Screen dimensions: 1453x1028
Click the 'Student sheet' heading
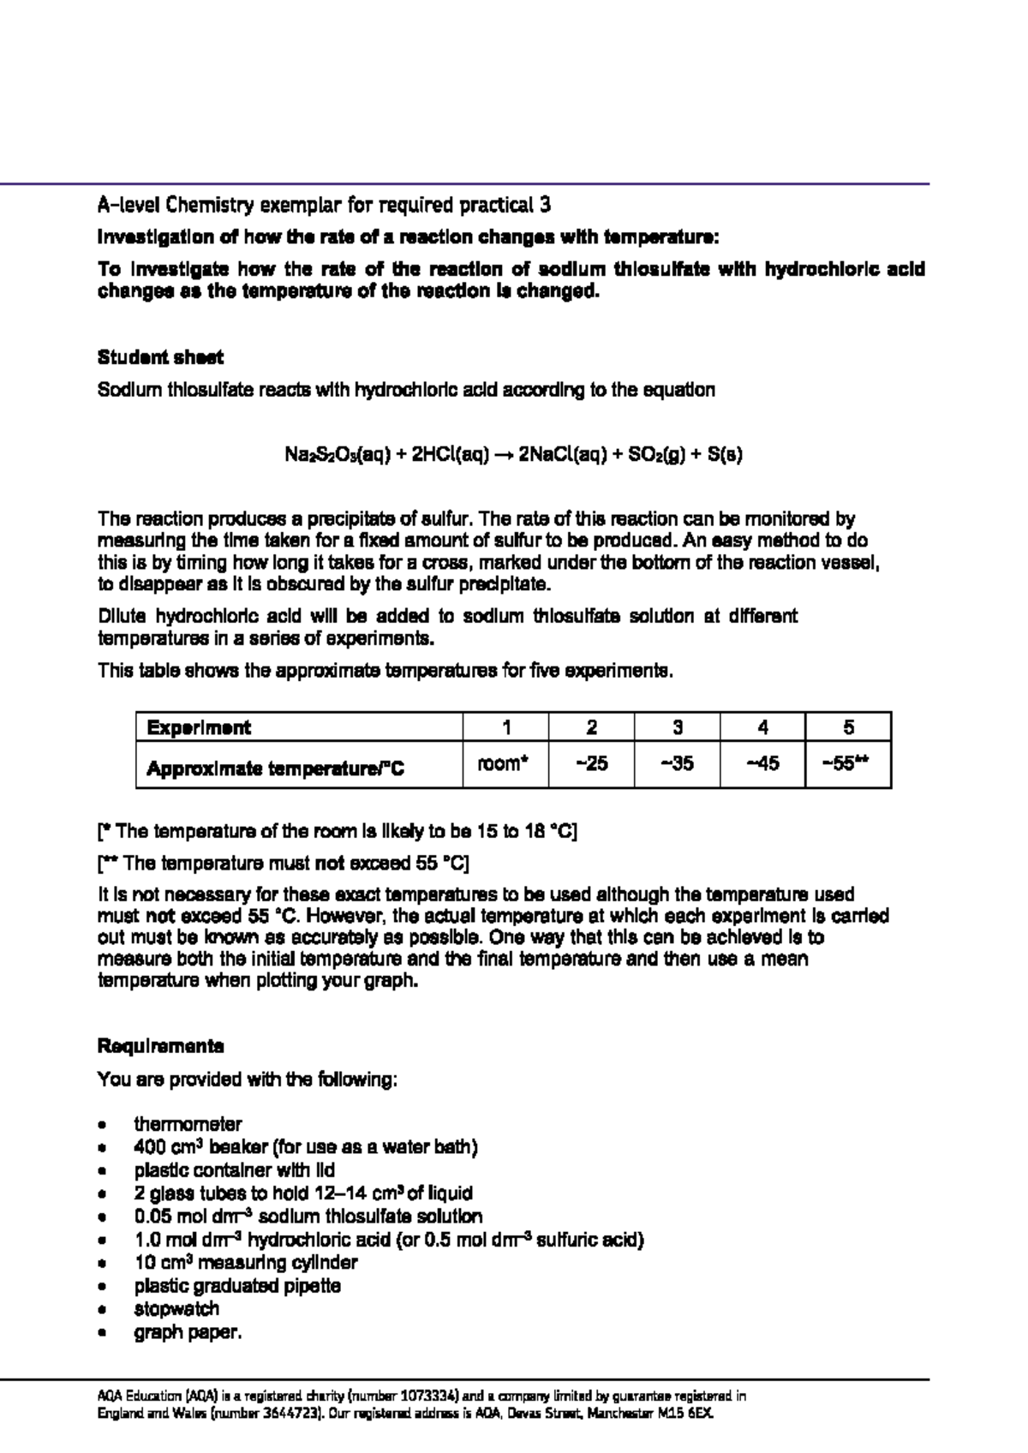point(160,357)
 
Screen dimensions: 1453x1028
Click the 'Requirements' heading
point(160,1046)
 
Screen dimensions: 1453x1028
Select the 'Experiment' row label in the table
point(199,727)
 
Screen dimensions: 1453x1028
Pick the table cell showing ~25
point(591,763)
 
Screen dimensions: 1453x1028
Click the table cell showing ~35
point(677,763)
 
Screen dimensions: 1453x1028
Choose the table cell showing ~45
point(762,763)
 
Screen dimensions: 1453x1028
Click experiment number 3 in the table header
point(677,727)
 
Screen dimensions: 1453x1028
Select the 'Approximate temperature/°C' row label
point(274,768)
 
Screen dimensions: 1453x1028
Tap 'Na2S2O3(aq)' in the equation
point(338,455)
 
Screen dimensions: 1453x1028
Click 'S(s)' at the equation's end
point(725,455)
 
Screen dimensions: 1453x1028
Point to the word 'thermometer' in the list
point(188,1124)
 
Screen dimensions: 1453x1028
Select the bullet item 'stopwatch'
point(176,1309)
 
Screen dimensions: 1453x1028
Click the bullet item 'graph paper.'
point(188,1332)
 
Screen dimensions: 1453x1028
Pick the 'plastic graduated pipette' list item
point(237,1286)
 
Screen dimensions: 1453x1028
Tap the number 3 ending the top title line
point(546,206)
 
